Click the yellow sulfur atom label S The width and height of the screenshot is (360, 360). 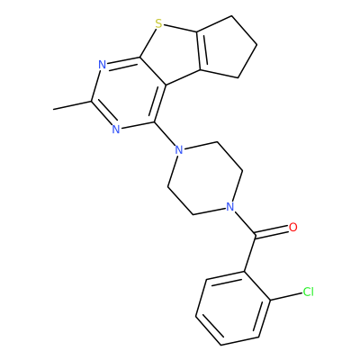(159, 23)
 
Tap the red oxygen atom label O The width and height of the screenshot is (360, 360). (293, 227)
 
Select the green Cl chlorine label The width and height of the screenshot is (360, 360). (308, 292)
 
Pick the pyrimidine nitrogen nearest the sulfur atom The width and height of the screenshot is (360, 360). (103, 64)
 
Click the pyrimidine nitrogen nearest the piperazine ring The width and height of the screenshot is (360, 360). (116, 130)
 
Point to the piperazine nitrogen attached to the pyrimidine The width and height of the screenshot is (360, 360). (179, 149)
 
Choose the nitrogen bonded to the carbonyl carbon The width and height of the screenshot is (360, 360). (229, 206)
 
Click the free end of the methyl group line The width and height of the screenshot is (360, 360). (53, 109)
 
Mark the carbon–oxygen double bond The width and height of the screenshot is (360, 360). (272, 231)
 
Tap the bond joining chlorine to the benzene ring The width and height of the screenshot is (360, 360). (285, 296)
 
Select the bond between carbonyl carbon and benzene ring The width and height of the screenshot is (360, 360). (250, 253)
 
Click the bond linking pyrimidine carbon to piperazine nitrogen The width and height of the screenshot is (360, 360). (165, 133)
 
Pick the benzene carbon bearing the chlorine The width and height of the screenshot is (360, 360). (269, 300)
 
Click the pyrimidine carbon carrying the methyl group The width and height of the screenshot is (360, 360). (92, 102)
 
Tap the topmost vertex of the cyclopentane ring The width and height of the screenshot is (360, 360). (231, 15)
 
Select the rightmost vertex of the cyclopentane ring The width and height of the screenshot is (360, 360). (257, 46)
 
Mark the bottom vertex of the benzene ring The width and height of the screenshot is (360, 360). (220, 345)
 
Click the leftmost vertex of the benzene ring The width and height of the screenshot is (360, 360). (195, 316)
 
